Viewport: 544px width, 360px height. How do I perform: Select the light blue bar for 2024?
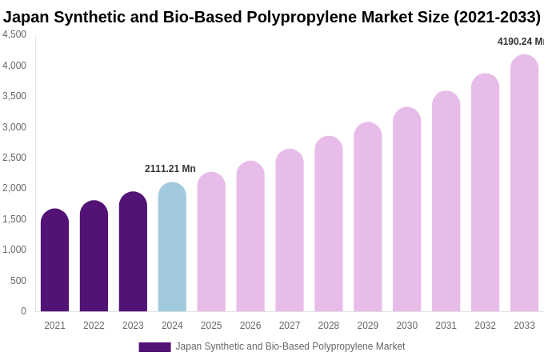pyautogui.click(x=172, y=247)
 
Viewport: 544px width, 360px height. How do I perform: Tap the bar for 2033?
pyautogui.click(x=524, y=183)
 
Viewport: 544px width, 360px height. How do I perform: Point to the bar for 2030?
pyautogui.click(x=406, y=210)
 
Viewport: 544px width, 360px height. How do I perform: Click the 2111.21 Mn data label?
pyautogui.click(x=170, y=169)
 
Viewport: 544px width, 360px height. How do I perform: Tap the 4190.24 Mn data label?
pyautogui.click(x=521, y=42)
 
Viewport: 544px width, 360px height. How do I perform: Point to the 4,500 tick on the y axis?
pyautogui.click(x=14, y=34)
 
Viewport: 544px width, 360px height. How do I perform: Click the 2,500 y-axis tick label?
pyautogui.click(x=14, y=158)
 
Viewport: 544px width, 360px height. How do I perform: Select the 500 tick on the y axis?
pyautogui.click(x=18, y=281)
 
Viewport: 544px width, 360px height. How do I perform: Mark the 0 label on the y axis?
pyautogui.click(x=23, y=311)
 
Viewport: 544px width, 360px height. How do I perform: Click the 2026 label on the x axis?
pyautogui.click(x=250, y=326)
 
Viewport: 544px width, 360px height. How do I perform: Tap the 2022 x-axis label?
pyautogui.click(x=94, y=326)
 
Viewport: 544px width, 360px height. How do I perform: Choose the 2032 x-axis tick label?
pyautogui.click(x=485, y=326)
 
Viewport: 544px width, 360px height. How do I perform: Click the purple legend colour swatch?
pyautogui.click(x=154, y=347)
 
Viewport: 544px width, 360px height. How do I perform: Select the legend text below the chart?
pyautogui.click(x=290, y=346)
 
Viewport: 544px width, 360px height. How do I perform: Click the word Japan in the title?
pyautogui.click(x=26, y=17)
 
